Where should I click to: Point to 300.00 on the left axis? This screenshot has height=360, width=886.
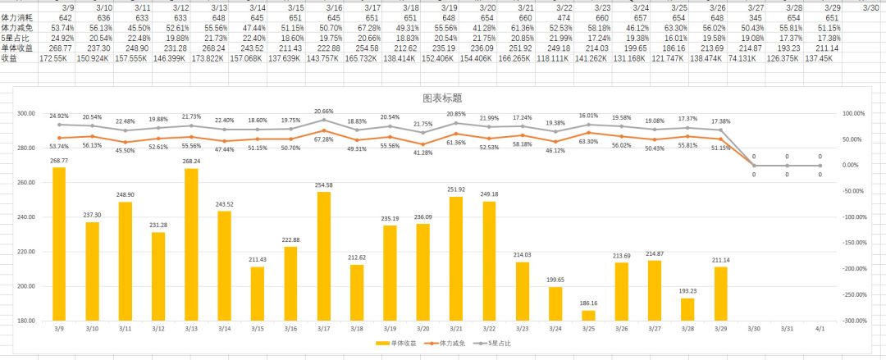click(28, 114)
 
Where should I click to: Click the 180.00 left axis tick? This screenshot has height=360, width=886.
click(28, 321)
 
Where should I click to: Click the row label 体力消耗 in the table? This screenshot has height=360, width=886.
click(17, 17)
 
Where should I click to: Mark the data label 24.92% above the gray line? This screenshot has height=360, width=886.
click(59, 117)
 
